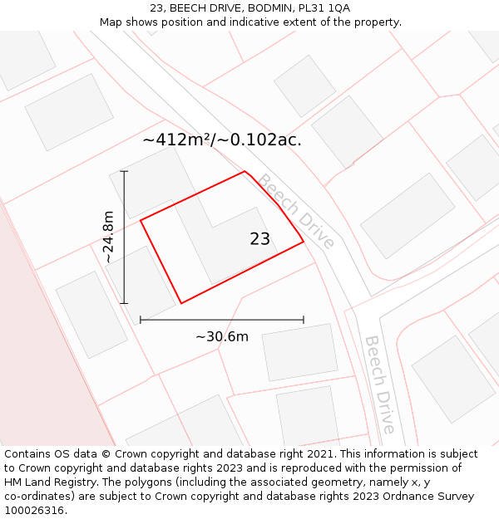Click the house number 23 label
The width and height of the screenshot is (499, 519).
pyautogui.click(x=259, y=239)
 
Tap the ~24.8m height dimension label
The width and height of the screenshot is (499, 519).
pyautogui.click(x=108, y=237)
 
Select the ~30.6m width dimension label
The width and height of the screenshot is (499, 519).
pyautogui.click(x=222, y=336)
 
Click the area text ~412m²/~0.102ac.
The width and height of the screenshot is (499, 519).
pyautogui.click(x=222, y=140)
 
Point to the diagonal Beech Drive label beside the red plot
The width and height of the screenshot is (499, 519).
pyautogui.click(x=295, y=211)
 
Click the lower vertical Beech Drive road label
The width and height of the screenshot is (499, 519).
pyautogui.click(x=379, y=384)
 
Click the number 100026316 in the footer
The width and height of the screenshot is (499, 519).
pyautogui.click(x=35, y=511)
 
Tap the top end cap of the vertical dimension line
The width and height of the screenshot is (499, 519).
pyautogui.click(x=124, y=171)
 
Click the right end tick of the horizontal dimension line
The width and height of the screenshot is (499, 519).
pyautogui.click(x=304, y=319)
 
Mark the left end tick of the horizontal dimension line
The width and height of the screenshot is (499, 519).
pyautogui.click(x=141, y=319)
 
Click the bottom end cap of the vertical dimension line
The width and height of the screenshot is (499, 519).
pyautogui.click(x=124, y=303)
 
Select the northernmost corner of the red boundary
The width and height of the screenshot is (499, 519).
pyautogui.click(x=245, y=172)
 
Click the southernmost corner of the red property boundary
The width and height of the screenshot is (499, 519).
pyautogui.click(x=181, y=303)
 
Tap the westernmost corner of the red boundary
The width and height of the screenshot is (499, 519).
pyautogui.click(x=141, y=220)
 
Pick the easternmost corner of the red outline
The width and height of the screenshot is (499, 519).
pyautogui.click(x=303, y=242)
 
